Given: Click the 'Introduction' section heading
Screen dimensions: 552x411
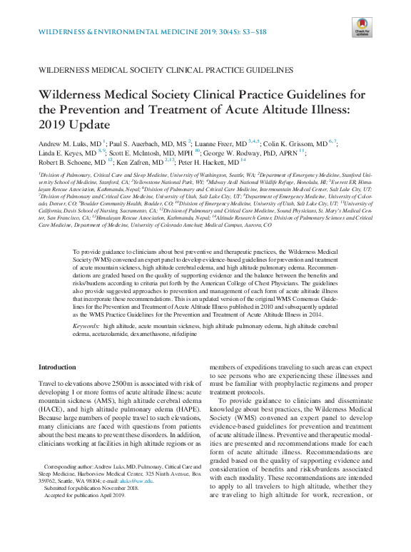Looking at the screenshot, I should [56, 367].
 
